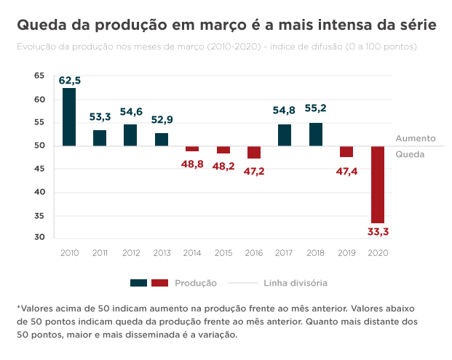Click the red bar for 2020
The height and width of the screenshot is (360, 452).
[x=377, y=185]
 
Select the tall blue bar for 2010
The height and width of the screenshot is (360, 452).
[x=69, y=117]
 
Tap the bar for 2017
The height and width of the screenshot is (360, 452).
[x=285, y=135]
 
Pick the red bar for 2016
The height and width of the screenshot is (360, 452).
[x=254, y=152]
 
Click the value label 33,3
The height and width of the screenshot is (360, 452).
[x=377, y=232]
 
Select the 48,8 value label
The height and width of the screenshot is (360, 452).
[x=193, y=164]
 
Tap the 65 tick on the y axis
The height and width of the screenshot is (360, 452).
[x=39, y=76]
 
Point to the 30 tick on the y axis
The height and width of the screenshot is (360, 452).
[x=39, y=237]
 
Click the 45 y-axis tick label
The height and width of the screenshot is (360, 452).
[x=39, y=169]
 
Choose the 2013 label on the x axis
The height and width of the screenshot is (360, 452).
[x=162, y=252]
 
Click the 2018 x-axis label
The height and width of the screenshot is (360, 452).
[x=316, y=252]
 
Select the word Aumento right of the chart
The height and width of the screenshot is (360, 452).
[x=416, y=137]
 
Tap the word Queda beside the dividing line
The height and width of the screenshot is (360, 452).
[x=410, y=155]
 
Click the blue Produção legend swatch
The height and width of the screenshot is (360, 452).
[x=139, y=282]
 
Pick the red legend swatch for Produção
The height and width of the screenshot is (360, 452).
[x=160, y=282]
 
